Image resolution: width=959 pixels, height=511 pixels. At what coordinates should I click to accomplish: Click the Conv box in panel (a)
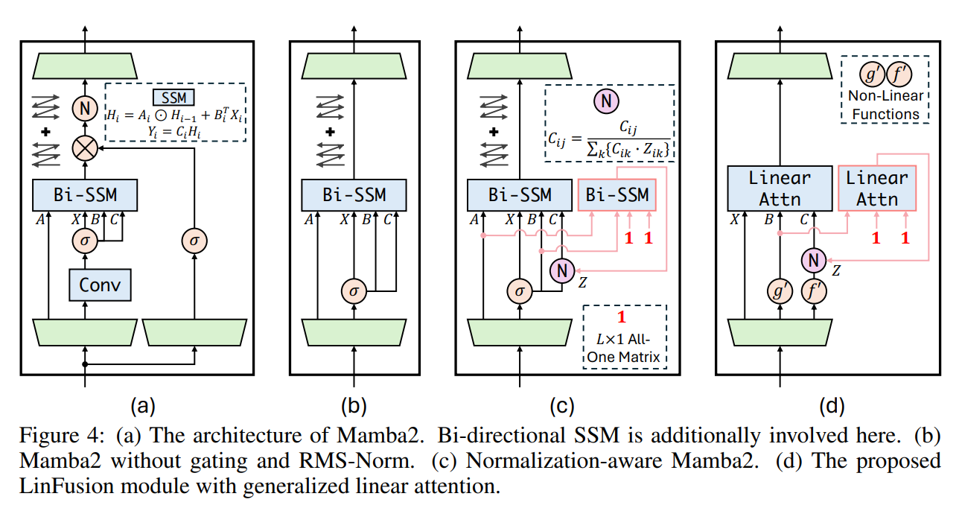point(101,284)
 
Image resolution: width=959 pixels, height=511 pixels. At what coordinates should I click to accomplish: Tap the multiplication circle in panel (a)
point(85,149)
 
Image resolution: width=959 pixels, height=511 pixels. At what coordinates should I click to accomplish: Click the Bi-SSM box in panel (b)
point(354,194)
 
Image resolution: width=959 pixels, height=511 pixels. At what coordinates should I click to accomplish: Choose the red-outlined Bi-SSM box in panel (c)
point(616,194)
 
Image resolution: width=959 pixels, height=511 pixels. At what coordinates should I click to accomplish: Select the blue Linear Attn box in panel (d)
point(779,188)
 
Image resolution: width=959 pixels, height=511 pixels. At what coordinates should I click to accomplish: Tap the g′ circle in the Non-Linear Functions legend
point(868,74)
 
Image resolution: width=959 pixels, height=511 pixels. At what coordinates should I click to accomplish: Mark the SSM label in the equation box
point(173,98)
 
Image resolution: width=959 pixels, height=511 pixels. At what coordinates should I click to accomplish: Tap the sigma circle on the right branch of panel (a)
point(194,241)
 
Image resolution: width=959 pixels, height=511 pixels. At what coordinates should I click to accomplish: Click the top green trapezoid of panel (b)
point(354,68)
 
